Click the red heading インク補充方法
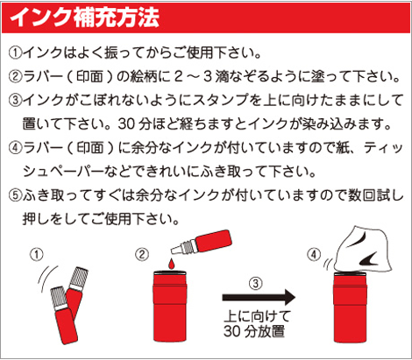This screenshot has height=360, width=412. pos(84,18)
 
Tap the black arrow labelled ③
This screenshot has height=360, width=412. pos(259,297)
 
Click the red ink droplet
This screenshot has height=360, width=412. pos(172,265)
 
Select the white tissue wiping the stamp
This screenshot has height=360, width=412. pos(363,249)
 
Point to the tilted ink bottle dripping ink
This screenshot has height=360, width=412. pos(202,243)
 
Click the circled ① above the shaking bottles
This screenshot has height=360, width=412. pos(37,254)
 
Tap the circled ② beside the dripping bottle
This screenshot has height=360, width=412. pos(142,254)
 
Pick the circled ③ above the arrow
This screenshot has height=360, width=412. pos(256,283)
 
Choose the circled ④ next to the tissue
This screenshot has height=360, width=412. pos(314,254)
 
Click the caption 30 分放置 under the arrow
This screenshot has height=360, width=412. pos(254,331)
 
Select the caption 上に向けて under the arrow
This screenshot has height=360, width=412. pos(258,316)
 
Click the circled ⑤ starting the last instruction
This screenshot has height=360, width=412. pos(16,195)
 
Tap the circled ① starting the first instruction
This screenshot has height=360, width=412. pos(16,53)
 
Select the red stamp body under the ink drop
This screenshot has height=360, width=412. pos(170,307)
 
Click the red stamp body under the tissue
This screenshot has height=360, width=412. pos(350,307)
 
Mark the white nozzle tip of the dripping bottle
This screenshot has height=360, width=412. pos(177,250)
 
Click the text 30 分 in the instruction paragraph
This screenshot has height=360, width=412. pos(134,124)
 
